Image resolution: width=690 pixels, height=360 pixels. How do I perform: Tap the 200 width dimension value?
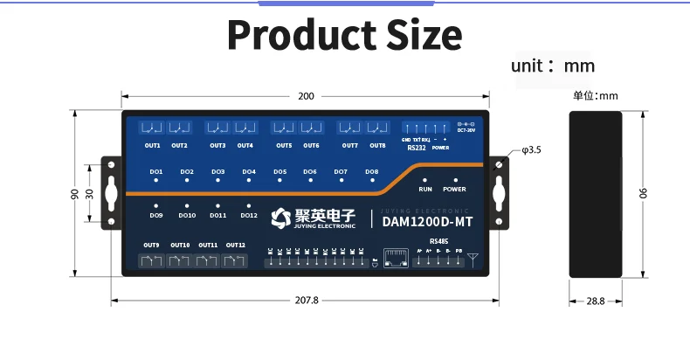point(306,96)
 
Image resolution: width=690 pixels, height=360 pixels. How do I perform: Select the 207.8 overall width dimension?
point(307,300)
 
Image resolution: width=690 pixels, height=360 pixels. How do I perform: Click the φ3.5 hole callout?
point(531,150)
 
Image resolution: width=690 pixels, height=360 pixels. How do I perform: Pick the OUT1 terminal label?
point(153,145)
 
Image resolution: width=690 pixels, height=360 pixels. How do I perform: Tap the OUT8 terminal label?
point(376,145)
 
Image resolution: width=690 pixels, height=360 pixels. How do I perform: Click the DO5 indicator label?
point(279,172)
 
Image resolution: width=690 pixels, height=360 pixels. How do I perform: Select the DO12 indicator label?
point(249,215)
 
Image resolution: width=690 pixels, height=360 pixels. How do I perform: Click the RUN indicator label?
point(425,189)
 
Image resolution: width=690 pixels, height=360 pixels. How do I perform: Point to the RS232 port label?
point(417,148)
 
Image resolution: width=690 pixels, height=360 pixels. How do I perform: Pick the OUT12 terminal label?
point(236,246)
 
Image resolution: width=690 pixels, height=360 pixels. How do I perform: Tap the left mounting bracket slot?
point(112,193)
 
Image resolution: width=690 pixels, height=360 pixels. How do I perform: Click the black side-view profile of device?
point(596,194)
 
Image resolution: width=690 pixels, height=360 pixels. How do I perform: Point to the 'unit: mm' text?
point(553,66)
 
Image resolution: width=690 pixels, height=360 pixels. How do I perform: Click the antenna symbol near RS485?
point(473,259)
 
